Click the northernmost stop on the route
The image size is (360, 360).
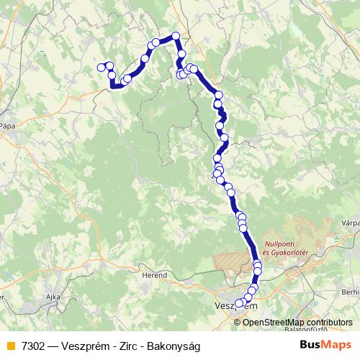(x=174, y=36)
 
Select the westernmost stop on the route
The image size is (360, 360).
(x=101, y=68)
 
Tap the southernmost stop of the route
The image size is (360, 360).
(x=240, y=303)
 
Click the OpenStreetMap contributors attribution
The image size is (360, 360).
(x=297, y=322)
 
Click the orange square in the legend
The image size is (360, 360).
(x=9, y=345)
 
